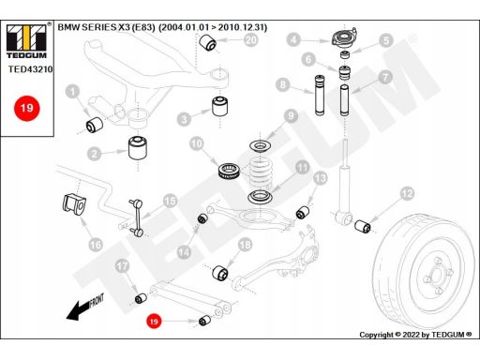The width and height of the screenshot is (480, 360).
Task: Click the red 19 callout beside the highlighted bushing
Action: (154, 321)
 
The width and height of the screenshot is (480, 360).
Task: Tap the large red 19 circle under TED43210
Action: (27, 108)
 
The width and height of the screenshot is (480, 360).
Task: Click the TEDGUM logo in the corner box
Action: (26, 41)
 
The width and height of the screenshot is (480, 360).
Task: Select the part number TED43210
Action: (30, 69)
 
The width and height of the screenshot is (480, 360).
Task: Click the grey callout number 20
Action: (251, 39)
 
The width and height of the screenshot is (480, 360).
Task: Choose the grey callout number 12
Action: (407, 193)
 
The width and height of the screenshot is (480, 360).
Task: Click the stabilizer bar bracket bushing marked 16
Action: (74, 204)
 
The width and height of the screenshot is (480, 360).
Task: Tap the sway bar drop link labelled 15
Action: (137, 217)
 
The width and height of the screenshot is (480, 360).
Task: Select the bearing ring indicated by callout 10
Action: (230, 172)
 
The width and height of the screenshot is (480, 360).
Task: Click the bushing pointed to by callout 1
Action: (95, 124)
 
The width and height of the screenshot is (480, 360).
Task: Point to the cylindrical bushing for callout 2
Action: (138, 147)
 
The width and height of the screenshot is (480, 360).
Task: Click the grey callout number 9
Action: (291, 116)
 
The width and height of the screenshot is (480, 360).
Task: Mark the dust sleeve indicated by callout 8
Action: (320, 95)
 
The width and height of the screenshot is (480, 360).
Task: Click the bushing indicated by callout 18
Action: (220, 273)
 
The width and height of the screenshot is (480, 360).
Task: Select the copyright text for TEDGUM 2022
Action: (415, 335)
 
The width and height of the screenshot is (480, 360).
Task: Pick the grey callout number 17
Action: (122, 266)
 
